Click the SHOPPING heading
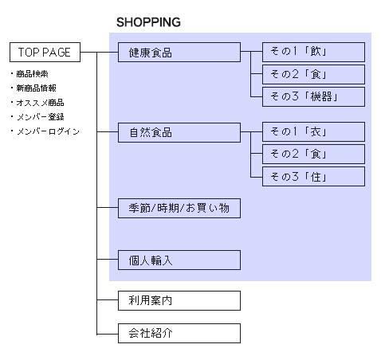tap(148, 22)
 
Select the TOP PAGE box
tap(45, 53)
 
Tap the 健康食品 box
tap(179, 53)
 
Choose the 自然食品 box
tap(179, 131)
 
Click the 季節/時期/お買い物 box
tap(179, 208)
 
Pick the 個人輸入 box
tap(179, 260)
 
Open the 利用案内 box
tap(179, 300)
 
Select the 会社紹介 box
tap(179, 333)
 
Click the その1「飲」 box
tap(313, 53)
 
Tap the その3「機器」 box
tap(313, 97)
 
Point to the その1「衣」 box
tap(313, 131)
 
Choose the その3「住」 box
tap(313, 176)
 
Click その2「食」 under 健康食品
tap(313, 75)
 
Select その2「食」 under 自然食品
tap(313, 154)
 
